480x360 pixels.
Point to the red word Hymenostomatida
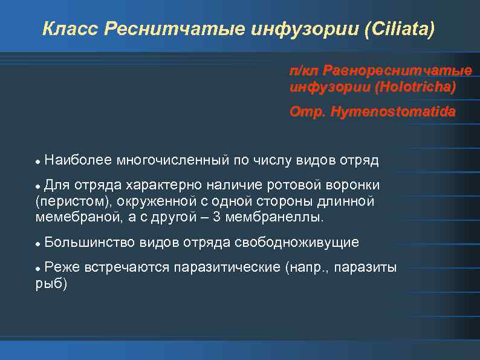pyautogui.click(x=393, y=113)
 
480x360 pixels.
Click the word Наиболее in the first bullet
pyautogui.click(x=78, y=160)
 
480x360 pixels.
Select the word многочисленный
pyautogui.click(x=172, y=160)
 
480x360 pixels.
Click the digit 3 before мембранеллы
pyautogui.click(x=216, y=217)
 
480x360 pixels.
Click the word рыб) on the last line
pyautogui.click(x=52, y=284)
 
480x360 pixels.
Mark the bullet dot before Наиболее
pyautogui.click(x=38, y=162)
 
